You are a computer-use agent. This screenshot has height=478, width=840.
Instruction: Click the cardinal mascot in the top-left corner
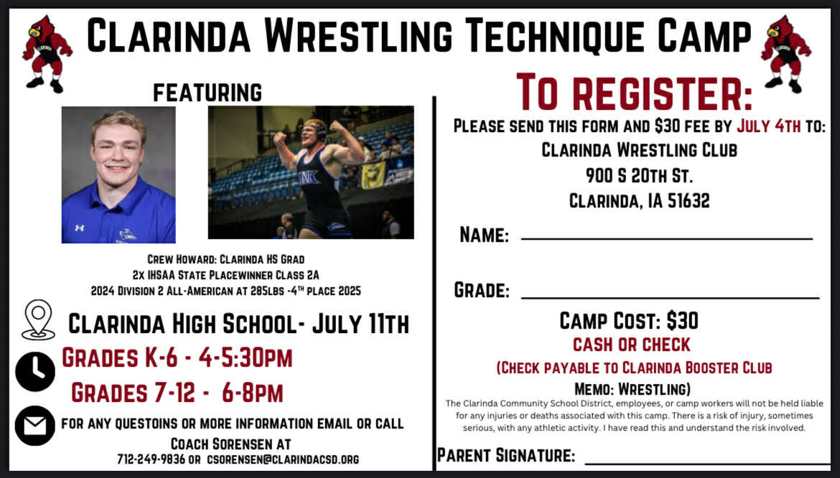pyautogui.click(x=47, y=54)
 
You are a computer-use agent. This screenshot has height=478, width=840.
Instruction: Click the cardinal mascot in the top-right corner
pyautogui.click(x=785, y=54)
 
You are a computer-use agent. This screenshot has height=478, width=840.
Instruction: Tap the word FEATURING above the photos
pyautogui.click(x=207, y=93)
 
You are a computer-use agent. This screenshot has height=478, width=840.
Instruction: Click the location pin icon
pyautogui.click(x=38, y=319)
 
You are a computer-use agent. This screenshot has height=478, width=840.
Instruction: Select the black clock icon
pyautogui.click(x=35, y=372)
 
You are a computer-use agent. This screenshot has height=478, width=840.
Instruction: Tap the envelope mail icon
pyautogui.click(x=35, y=426)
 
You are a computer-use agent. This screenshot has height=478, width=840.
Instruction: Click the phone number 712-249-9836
pyautogui.click(x=151, y=459)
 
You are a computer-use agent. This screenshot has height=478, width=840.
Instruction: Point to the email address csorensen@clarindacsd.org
pyautogui.click(x=284, y=459)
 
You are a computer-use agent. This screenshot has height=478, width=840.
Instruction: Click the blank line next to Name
pyautogui.click(x=667, y=239)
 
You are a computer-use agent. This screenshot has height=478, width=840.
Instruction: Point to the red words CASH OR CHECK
pyautogui.click(x=632, y=345)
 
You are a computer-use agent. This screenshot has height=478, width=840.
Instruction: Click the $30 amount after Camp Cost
pyautogui.click(x=682, y=321)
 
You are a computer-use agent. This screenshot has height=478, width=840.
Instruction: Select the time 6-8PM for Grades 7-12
pyautogui.click(x=252, y=393)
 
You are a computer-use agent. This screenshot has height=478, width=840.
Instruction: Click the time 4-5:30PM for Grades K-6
pyautogui.click(x=246, y=357)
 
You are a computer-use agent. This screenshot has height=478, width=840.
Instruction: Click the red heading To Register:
pyautogui.click(x=634, y=92)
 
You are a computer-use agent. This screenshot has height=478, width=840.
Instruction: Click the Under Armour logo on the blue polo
pyautogui.click(x=79, y=228)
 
